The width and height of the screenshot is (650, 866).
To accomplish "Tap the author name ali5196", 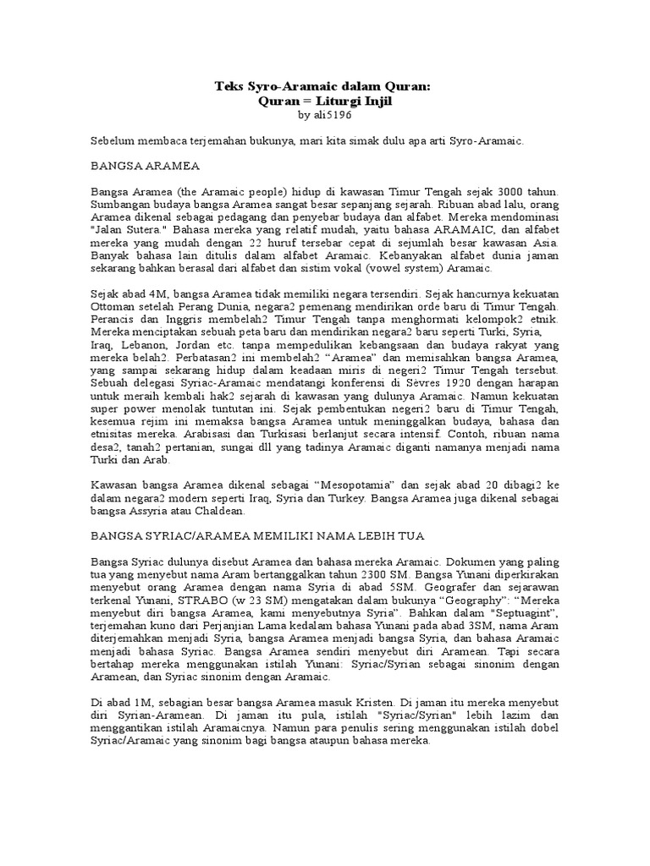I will tap(336, 114).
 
